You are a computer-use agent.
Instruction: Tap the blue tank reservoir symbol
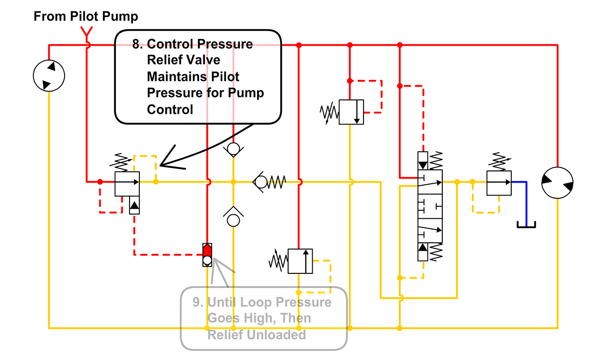pos(526,225)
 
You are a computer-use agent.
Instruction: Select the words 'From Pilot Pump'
pos(86,16)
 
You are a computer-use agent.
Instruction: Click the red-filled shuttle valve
pos(207,255)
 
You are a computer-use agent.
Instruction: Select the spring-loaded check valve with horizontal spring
pos(268,182)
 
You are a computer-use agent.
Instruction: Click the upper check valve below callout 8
pos(233,148)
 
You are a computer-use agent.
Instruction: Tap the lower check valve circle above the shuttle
pos(233,219)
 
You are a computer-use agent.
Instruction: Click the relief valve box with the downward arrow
pos(351,112)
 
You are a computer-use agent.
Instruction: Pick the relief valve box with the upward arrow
pos(300,261)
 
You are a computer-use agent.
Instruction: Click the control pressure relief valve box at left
pos(127,183)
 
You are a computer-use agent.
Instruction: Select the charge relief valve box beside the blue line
pos(498,183)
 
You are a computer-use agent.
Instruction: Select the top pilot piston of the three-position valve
pos(423,161)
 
